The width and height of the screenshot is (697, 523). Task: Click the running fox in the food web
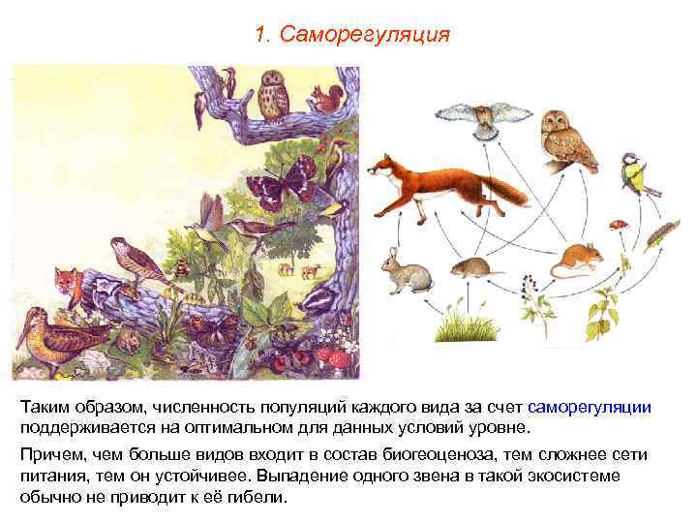(436, 184)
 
